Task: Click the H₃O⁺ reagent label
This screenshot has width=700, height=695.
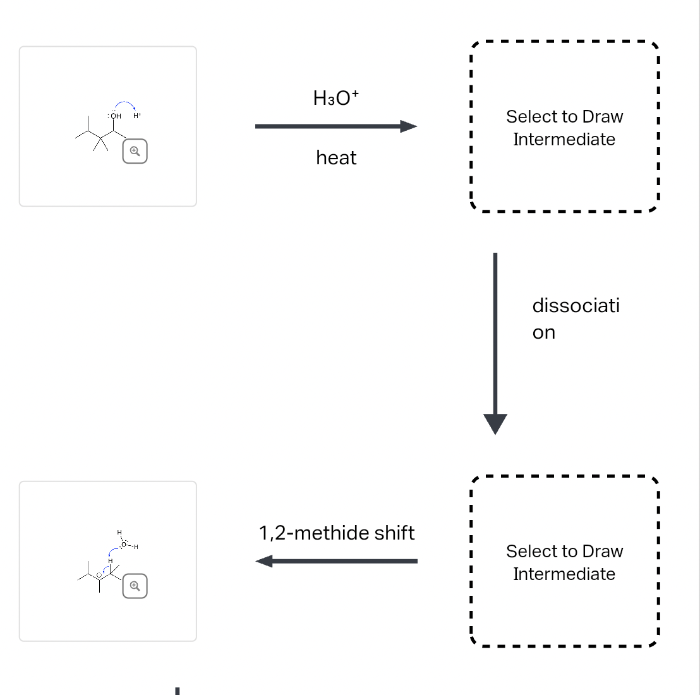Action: pyautogui.click(x=335, y=98)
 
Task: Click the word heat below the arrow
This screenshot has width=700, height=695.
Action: pyautogui.click(x=336, y=157)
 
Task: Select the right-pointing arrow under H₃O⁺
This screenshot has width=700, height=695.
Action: pyautogui.click(x=335, y=126)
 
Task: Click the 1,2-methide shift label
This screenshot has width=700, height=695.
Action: pyautogui.click(x=337, y=533)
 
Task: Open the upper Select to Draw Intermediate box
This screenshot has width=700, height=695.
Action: pyautogui.click(x=564, y=127)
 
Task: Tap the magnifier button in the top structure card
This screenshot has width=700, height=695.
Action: pyautogui.click(x=135, y=151)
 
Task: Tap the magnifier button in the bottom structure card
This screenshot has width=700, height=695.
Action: pyautogui.click(x=135, y=586)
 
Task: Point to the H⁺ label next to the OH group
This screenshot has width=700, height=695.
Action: pyautogui.click(x=137, y=116)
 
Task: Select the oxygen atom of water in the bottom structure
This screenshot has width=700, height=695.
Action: pyautogui.click(x=124, y=544)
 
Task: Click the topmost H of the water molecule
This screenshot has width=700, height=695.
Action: pyautogui.click(x=119, y=533)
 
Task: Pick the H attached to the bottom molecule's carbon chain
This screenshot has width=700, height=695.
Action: pyautogui.click(x=110, y=560)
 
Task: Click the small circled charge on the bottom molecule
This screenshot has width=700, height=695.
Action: pyautogui.click(x=99, y=574)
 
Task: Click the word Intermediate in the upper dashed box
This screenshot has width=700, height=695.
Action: pyautogui.click(x=564, y=139)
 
